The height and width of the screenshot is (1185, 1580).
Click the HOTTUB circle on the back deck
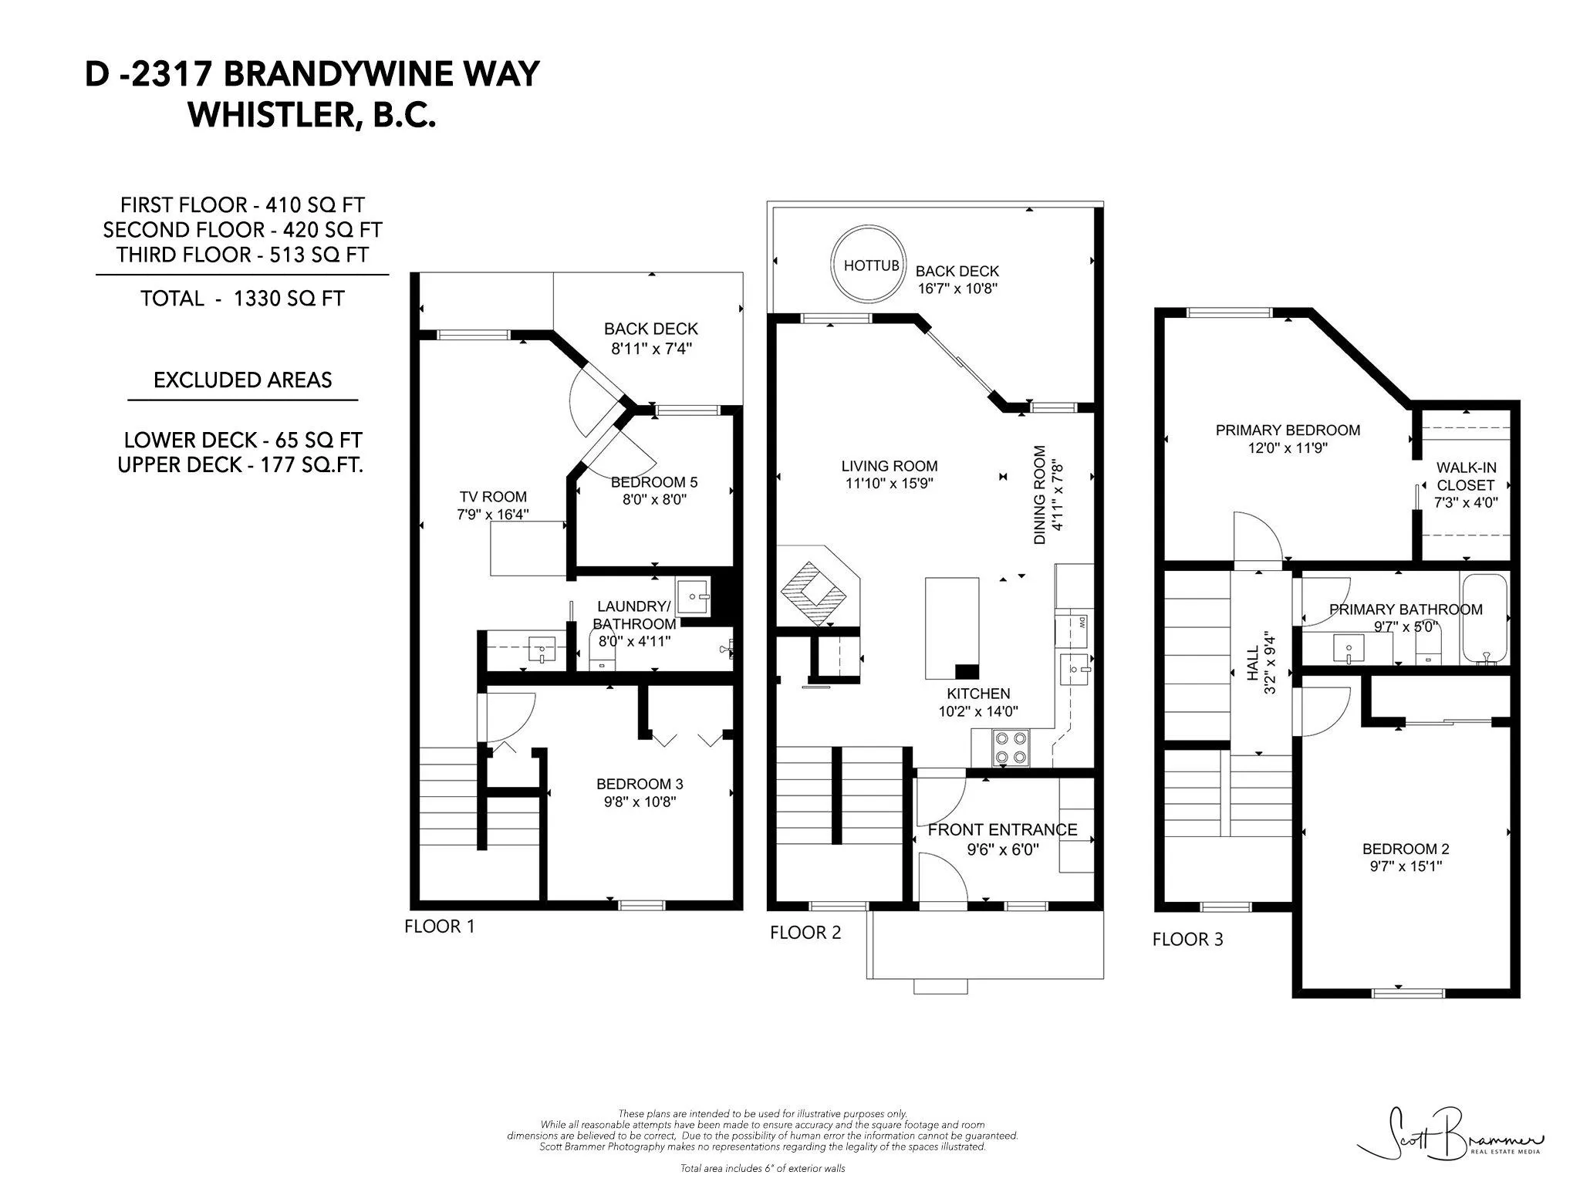[x=869, y=265]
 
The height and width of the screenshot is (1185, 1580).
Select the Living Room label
[x=889, y=466]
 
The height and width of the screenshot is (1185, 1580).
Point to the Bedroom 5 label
[x=653, y=482]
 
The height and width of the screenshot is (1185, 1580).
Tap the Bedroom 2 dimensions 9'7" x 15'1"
[x=1406, y=866]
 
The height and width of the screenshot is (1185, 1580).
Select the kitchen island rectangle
[x=952, y=626]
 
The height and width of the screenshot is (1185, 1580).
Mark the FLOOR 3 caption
[x=1187, y=939]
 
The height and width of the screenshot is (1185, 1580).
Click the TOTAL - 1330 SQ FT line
[x=242, y=299]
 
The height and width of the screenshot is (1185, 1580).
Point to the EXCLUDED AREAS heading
[x=242, y=380]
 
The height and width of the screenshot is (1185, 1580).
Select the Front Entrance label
[x=1002, y=830]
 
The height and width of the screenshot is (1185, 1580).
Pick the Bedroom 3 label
[x=639, y=784]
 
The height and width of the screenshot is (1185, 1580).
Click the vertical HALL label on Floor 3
[x=1252, y=663]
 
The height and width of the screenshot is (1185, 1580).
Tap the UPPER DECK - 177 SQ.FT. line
[x=240, y=465]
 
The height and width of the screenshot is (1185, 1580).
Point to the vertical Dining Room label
[x=1039, y=495]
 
